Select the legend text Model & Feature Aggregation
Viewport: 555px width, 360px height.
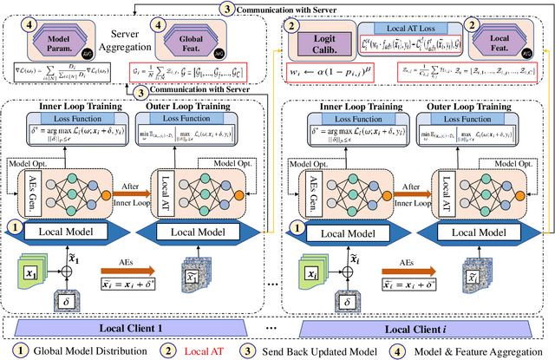(469, 350)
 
